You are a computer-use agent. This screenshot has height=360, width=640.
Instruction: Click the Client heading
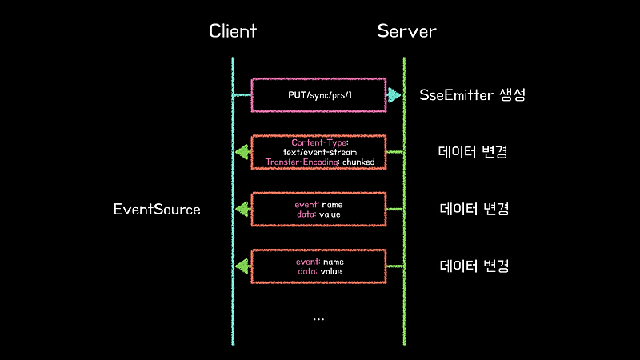(x=233, y=31)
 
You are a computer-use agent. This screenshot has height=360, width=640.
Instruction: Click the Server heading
(x=406, y=31)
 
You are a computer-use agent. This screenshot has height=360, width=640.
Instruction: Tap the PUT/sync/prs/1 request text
(x=319, y=95)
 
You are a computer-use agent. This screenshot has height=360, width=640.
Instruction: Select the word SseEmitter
(x=453, y=96)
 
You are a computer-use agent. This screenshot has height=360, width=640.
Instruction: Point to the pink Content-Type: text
(x=319, y=142)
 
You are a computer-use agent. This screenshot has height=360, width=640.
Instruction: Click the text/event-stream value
(x=319, y=151)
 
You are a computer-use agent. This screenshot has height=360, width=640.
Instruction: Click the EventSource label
(x=157, y=210)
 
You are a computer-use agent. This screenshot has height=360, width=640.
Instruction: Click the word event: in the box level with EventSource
(x=307, y=205)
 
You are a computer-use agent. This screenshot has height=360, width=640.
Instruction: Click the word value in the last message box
(x=330, y=271)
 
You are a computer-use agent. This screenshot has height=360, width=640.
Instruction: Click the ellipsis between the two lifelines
(x=319, y=319)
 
